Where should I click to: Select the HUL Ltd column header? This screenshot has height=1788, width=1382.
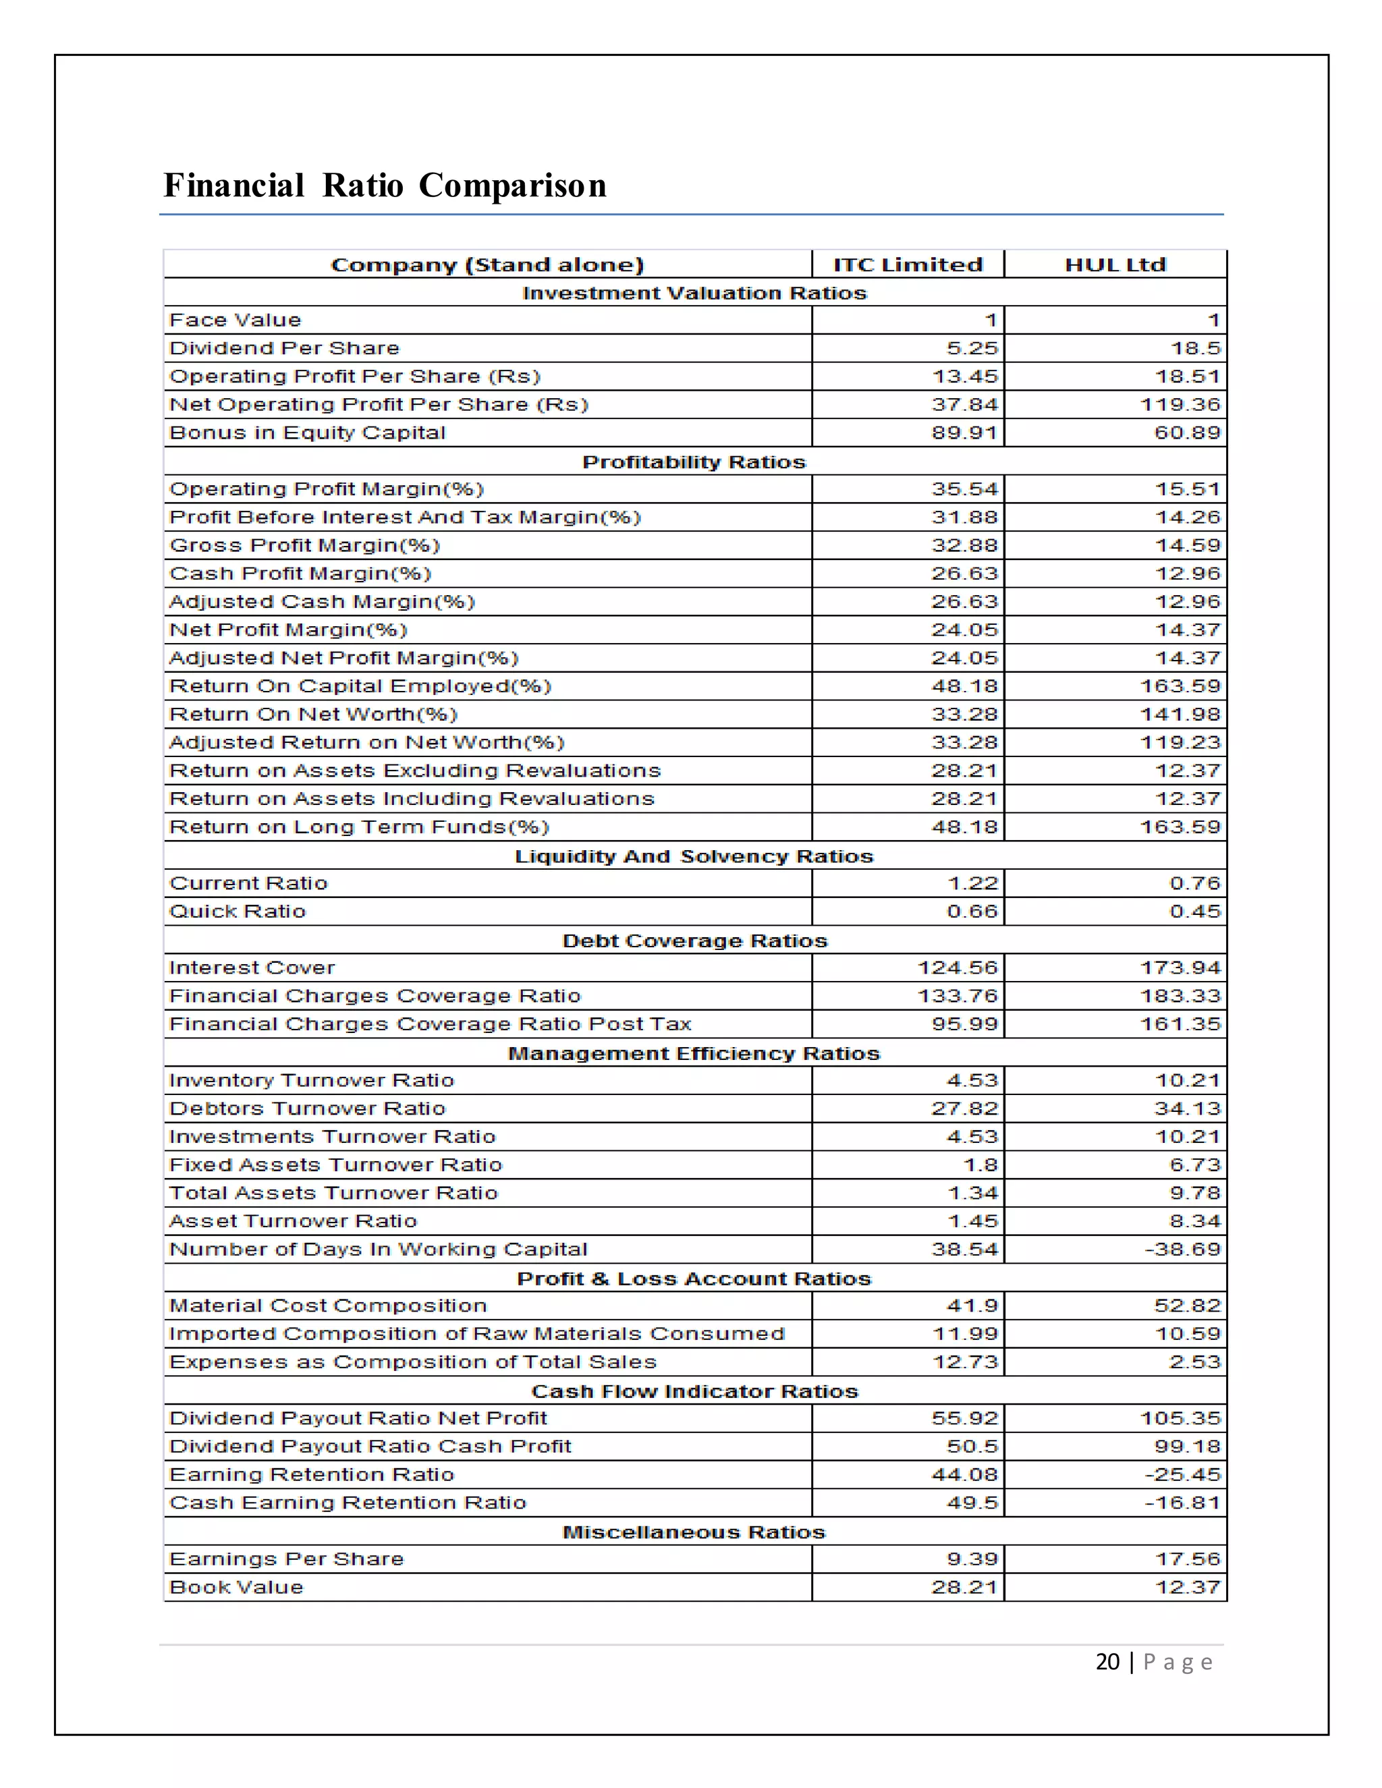click(x=1115, y=264)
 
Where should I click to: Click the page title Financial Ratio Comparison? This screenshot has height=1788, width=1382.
click(x=385, y=185)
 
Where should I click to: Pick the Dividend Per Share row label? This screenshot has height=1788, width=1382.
click(x=284, y=348)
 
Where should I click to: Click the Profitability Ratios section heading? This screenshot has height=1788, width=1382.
click(x=694, y=462)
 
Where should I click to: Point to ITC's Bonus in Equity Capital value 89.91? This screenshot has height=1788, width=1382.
click(x=964, y=432)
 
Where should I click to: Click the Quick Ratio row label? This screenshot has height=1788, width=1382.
click(x=238, y=911)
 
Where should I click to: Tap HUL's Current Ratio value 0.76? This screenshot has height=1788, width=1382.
click(x=1194, y=883)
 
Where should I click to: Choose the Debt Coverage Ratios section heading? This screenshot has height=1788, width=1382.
click(x=694, y=941)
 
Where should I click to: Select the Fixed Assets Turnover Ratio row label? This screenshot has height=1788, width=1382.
click(x=335, y=1165)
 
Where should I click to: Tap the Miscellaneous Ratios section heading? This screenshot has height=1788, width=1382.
click(x=694, y=1532)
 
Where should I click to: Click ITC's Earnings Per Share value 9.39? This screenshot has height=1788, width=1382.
click(x=972, y=1559)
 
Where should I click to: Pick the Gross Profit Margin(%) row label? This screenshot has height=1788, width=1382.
click(x=304, y=545)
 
